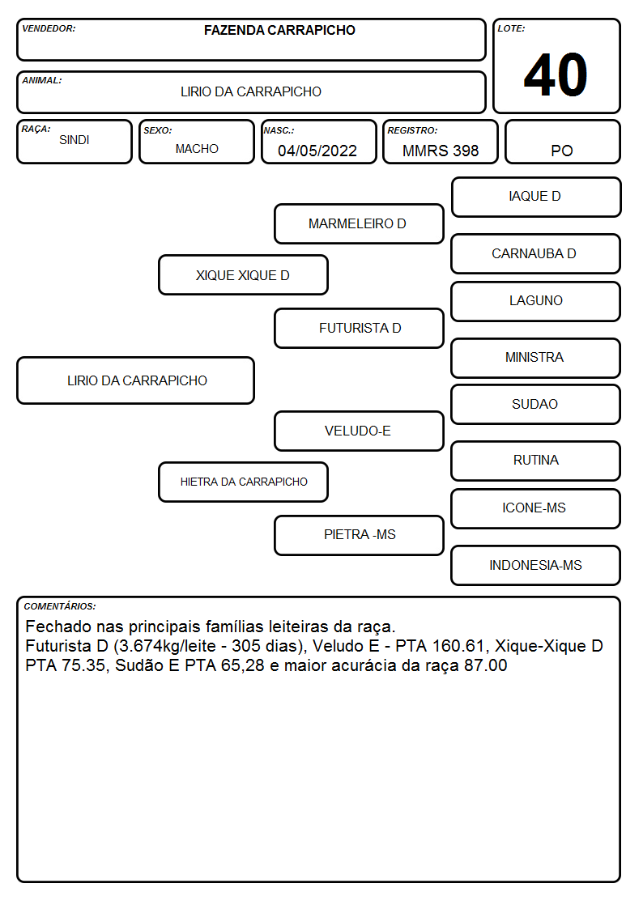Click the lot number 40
tap(556, 74)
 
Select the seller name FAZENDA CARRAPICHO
tap(279, 30)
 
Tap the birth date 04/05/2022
tap(317, 151)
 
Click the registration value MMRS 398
tap(441, 151)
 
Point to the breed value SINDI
tap(75, 140)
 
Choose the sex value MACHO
tap(197, 149)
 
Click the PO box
tap(562, 142)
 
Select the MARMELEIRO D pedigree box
tap(359, 223)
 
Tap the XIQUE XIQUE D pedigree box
tap(243, 274)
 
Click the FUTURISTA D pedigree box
tap(359, 328)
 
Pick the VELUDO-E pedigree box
tap(359, 431)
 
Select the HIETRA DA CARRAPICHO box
tap(243, 482)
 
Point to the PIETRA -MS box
tap(359, 535)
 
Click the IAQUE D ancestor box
tap(536, 198)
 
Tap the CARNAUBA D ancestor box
tap(536, 253)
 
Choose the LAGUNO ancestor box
tap(536, 301)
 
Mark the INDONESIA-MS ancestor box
tap(536, 565)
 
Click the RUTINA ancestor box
tap(536, 461)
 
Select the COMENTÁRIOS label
tap(60, 606)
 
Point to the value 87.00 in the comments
tap(486, 665)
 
